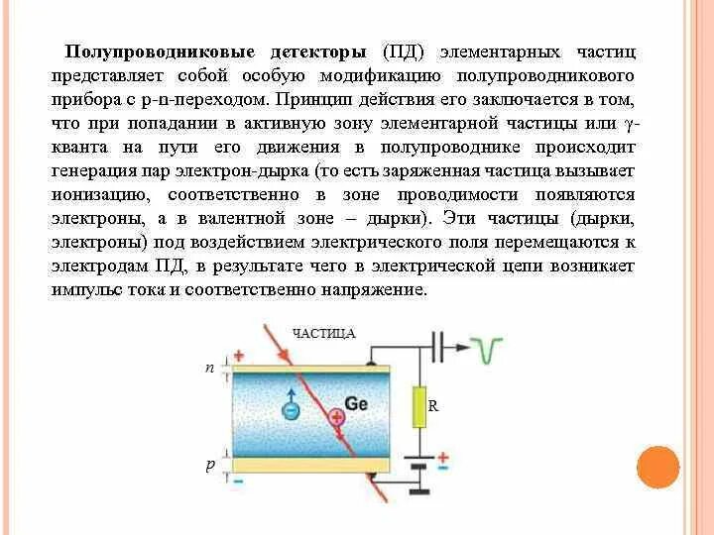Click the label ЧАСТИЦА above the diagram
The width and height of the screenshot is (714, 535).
(324, 334)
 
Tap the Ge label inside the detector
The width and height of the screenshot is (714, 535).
(357, 403)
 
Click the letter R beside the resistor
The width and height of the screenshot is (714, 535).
(433, 406)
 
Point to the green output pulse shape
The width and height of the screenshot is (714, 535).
(487, 349)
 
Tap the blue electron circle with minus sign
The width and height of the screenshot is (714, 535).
(291, 407)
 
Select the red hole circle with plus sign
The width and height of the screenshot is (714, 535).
(338, 416)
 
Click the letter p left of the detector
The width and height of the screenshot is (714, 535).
(209, 464)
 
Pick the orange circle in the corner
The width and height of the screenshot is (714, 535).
(657, 467)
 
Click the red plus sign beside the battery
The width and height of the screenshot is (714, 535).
(442, 457)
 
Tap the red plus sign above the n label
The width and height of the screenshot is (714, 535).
(238, 356)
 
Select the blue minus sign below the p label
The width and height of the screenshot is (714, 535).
(238, 481)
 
